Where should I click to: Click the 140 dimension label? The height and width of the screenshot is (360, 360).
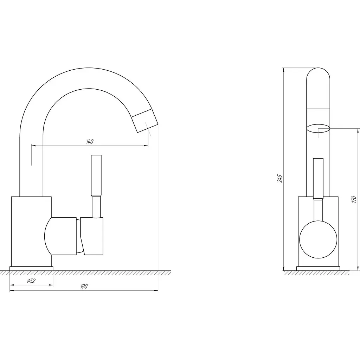coord(90,141)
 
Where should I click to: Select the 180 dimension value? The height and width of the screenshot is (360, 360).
coord(84,286)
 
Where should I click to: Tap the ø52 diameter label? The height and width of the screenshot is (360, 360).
coord(31,281)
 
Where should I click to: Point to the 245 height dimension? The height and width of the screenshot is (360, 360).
coord(279,178)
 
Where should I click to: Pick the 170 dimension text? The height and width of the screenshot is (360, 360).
coord(354,199)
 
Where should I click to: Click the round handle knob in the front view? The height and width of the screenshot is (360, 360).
coord(318,239)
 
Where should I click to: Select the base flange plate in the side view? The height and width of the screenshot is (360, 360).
coord(31,269)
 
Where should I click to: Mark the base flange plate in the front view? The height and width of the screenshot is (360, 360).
coord(318,269)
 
